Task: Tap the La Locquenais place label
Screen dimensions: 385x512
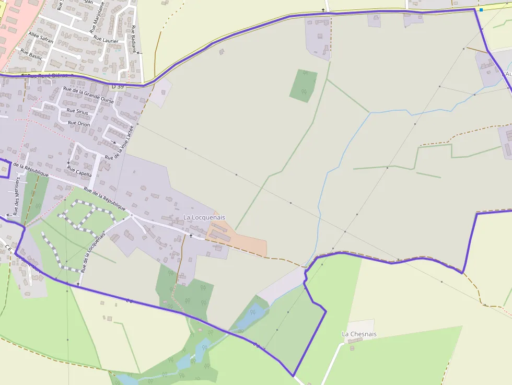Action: [204, 217]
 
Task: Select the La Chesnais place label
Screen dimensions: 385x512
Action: [359, 334]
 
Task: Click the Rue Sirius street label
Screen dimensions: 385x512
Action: [78, 111]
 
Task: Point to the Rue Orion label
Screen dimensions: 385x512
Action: [79, 124]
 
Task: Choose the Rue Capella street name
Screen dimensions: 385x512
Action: [79, 171]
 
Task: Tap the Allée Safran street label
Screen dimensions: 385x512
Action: [41, 37]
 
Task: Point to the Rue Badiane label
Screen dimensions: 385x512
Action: [135, 39]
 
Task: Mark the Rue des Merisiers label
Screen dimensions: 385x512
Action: [17, 196]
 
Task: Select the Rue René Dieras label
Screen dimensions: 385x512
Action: [47, 76]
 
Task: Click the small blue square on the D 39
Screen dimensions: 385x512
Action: [481, 9]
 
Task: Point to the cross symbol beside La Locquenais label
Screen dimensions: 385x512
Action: [191, 236]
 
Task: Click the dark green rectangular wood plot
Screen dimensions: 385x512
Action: [303, 85]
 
